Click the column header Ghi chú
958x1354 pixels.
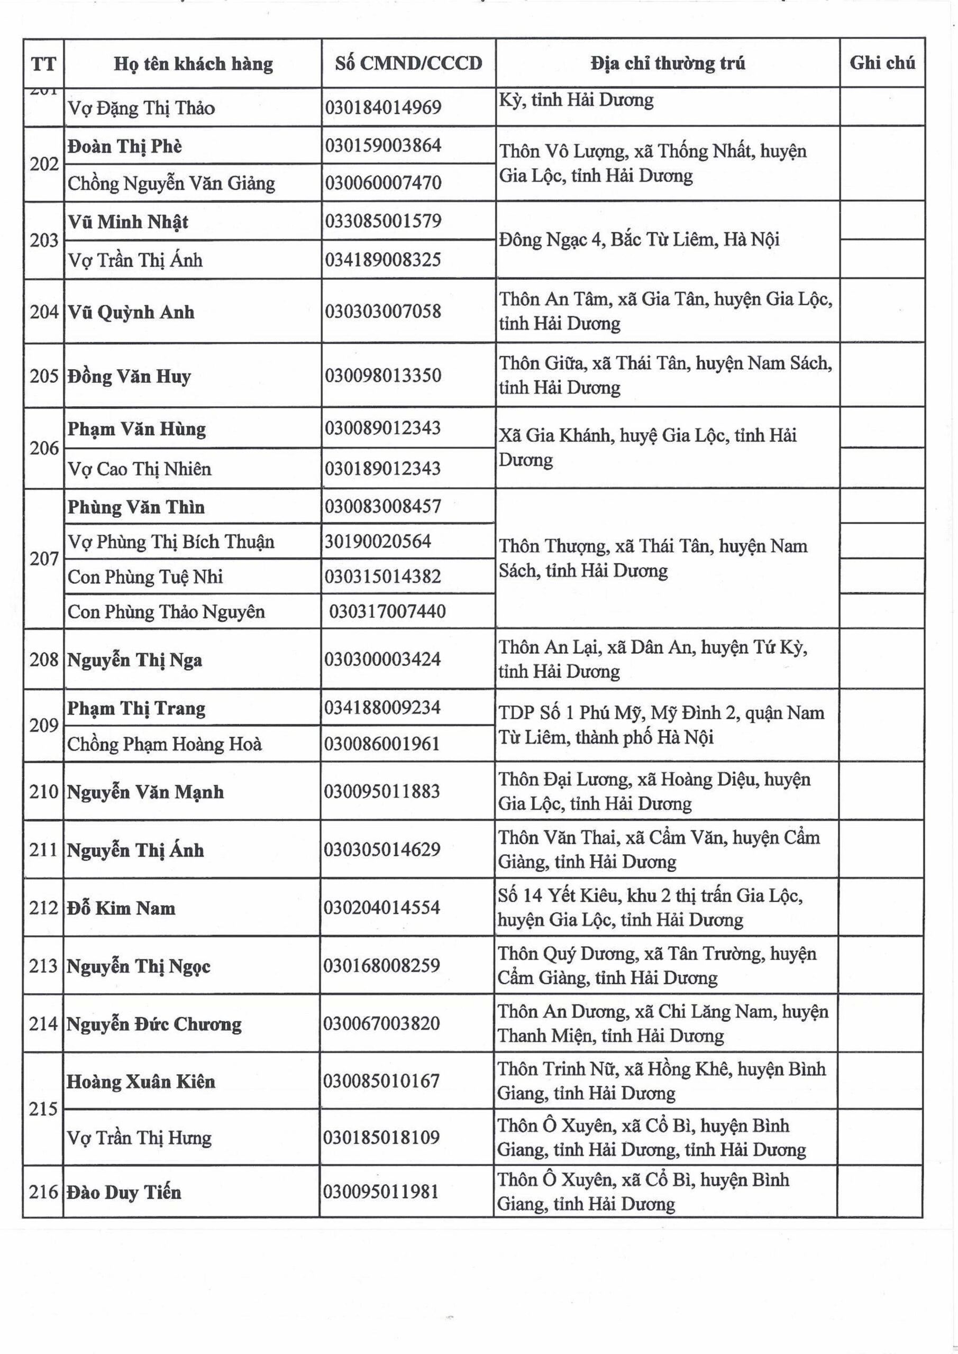point(882,63)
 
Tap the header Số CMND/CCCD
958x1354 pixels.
point(408,63)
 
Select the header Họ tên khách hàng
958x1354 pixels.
point(193,63)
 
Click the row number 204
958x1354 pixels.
point(44,312)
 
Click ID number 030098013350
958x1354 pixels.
point(383,376)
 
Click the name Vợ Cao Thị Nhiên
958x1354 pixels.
point(139,469)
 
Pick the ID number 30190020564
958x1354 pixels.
point(378,542)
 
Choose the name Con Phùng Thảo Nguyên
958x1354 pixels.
point(166,611)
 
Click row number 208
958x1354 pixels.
point(44,660)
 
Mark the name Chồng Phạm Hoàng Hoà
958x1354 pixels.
point(164,744)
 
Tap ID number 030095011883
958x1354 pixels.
point(382,791)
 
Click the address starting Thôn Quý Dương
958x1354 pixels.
point(656,965)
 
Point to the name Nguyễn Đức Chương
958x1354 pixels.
point(153,1024)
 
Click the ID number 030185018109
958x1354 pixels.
point(381,1138)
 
